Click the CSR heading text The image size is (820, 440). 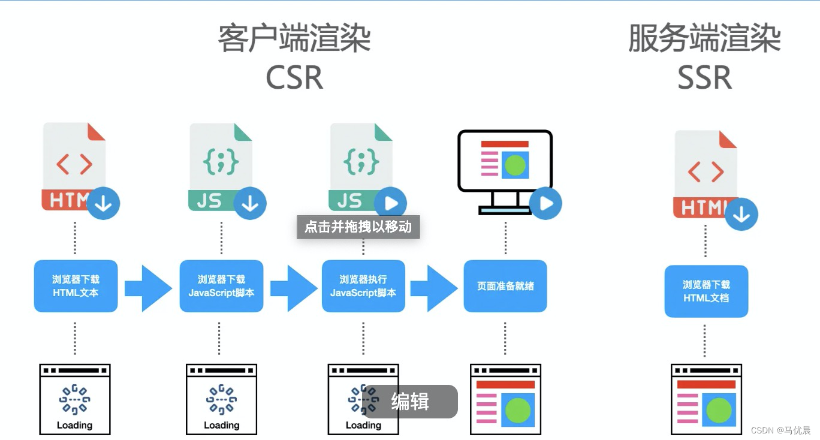tap(294, 77)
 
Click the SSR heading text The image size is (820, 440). tap(704, 77)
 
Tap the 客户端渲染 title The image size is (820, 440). tap(294, 39)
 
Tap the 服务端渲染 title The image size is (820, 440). tap(704, 39)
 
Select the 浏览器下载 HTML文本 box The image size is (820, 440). tap(76, 286)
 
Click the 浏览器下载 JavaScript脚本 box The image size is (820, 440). tap(221, 286)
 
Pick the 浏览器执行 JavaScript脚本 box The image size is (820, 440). tap(363, 286)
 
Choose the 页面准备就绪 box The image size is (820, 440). tap(505, 286)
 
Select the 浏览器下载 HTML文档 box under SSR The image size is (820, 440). tap(706, 291)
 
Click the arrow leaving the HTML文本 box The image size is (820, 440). tap(147, 288)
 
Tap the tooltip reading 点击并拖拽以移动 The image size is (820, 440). tap(358, 227)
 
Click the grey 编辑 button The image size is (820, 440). tap(410, 402)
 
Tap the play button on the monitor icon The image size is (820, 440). tap(545, 203)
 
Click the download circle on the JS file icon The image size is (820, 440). tap(249, 204)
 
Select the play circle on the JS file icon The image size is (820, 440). tap(390, 204)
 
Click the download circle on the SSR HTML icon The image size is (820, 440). tap(741, 214)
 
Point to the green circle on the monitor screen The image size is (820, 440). tap(515, 165)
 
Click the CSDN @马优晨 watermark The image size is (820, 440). tap(780, 430)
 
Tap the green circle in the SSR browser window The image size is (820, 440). tap(719, 411)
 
